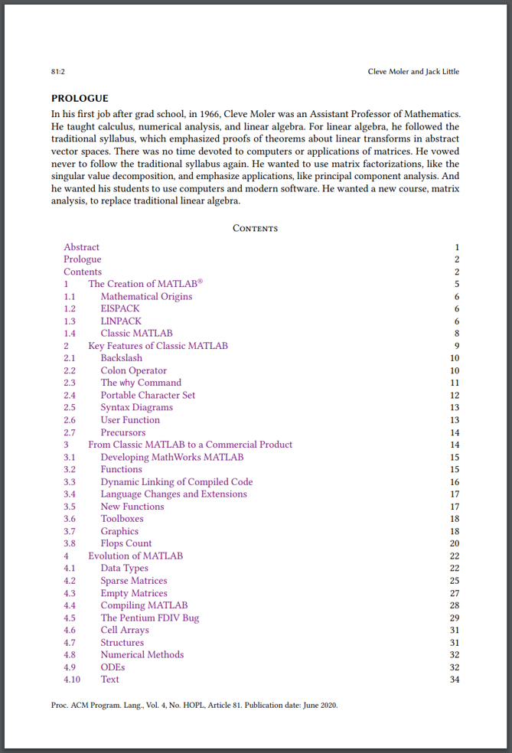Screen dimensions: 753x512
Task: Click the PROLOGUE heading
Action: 80,98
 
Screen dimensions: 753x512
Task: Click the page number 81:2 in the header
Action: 57,72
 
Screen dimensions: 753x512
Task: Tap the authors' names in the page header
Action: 413,72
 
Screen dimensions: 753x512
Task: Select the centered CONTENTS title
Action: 255,229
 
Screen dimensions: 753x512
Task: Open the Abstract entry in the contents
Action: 81,247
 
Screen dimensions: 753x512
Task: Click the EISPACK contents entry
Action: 120,309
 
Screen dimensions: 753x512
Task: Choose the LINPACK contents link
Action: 121,321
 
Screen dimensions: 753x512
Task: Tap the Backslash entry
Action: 121,358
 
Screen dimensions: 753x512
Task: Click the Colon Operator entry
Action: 133,371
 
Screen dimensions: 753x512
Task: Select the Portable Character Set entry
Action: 148,396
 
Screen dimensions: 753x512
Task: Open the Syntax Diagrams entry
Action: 136,408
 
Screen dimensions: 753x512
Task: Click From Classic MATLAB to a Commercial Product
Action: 190,445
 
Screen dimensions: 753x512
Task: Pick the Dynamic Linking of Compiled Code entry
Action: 176,482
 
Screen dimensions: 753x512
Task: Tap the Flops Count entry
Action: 126,544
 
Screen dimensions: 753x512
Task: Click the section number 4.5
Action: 70,618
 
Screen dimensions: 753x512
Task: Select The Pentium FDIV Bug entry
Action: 149,618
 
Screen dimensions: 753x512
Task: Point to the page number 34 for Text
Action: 455,680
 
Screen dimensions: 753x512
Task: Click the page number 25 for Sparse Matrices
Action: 455,581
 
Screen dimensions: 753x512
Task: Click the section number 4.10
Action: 72,680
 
